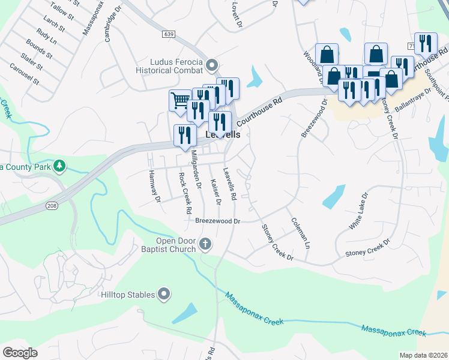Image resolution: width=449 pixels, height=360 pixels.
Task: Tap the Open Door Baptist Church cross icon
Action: (205, 244)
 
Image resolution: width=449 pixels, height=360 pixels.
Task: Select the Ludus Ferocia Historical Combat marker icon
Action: (211, 64)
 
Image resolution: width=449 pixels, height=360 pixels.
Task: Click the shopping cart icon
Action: (179, 100)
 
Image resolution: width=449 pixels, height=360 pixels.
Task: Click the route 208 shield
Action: (52, 206)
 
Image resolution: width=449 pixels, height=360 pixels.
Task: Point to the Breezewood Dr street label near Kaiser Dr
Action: (217, 221)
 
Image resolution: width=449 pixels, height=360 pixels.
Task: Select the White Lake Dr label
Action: (358, 212)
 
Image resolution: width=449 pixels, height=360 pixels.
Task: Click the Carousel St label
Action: (24, 72)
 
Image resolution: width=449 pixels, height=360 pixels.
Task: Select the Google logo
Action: (20, 353)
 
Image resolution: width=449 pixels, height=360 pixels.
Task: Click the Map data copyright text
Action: (423, 355)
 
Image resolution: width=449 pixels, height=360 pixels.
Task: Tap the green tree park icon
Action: (59, 165)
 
